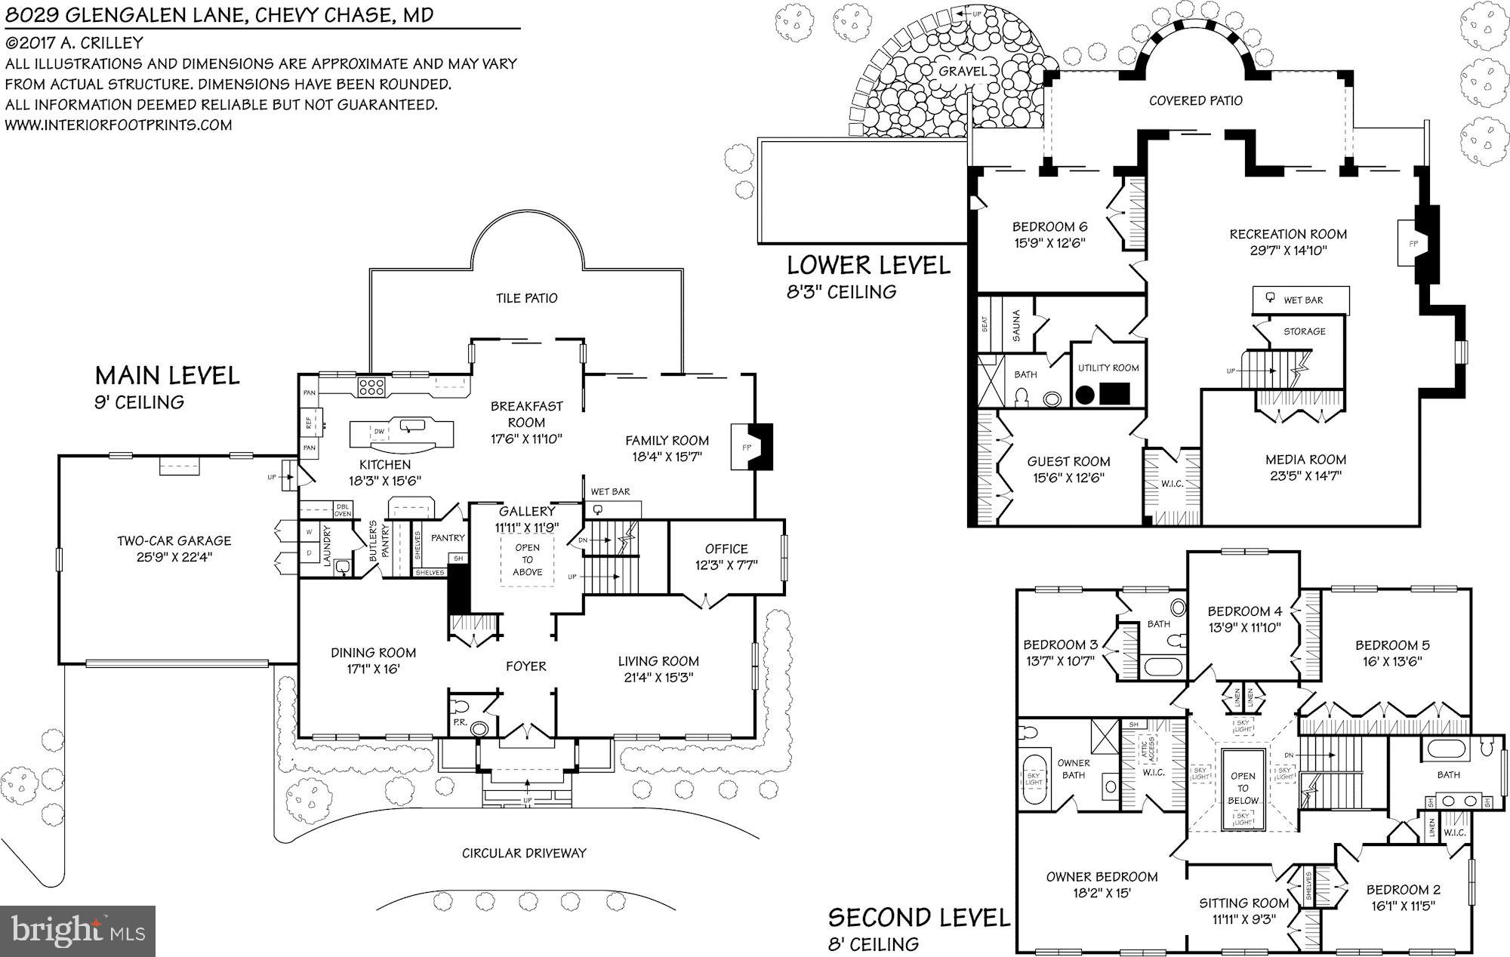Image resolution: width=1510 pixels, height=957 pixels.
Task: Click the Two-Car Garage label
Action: point(174,540)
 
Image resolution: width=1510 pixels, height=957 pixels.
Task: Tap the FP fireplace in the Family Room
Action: point(747,448)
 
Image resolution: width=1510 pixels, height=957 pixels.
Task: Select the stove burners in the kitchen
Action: point(371,387)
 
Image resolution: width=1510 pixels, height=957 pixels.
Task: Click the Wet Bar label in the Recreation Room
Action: point(1303,300)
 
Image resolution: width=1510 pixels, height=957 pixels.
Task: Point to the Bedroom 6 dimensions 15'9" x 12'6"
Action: point(1049,243)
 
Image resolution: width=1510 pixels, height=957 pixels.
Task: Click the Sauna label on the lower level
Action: point(1016,325)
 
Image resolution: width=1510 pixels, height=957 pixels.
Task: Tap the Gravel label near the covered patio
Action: point(963,71)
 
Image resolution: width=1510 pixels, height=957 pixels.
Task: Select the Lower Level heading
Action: point(868,266)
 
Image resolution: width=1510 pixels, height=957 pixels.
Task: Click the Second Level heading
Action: point(918,918)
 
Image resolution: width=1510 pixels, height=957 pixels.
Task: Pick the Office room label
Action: point(726,549)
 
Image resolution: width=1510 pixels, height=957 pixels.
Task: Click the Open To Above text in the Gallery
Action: point(527,559)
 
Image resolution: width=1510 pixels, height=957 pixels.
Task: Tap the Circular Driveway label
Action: point(524,853)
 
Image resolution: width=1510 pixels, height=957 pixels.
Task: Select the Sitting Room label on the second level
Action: point(1243,903)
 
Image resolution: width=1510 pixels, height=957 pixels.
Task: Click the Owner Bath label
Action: point(1073,768)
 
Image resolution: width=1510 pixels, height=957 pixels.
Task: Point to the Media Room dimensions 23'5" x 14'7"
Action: point(1305,475)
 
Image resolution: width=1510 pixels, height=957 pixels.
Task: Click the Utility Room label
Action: point(1108,368)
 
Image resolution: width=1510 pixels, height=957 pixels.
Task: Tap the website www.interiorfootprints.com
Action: point(119,125)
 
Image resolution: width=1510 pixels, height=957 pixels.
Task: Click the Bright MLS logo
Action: point(78,931)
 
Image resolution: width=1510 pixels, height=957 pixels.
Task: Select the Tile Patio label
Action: point(526,298)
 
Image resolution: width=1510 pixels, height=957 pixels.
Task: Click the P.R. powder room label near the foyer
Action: point(460,723)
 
